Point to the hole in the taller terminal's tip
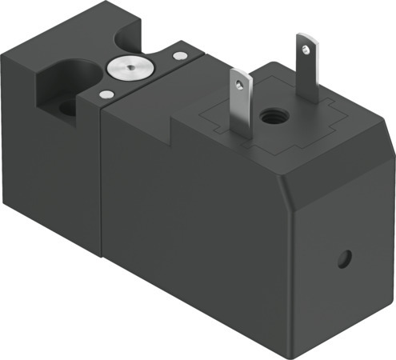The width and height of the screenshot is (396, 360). [305, 47]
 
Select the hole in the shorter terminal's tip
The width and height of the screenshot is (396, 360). [238, 81]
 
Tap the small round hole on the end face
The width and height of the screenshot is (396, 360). [344, 258]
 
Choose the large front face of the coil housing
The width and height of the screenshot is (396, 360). [200, 232]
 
